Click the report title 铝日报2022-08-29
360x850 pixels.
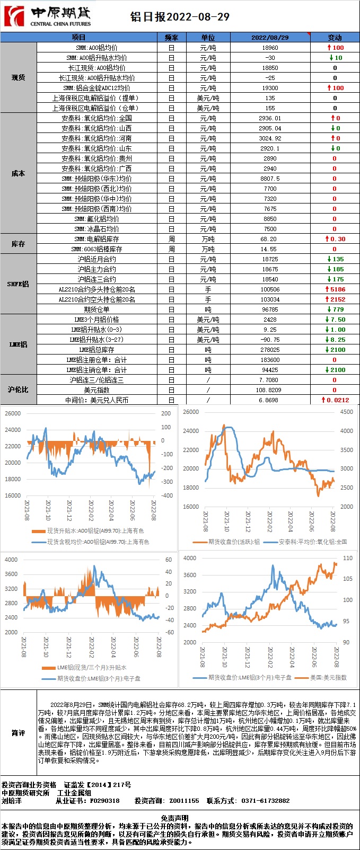pyautogui.click(x=180, y=17)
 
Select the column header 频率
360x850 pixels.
pyautogui.click(x=171, y=38)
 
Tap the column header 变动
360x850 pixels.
pyautogui.click(x=335, y=38)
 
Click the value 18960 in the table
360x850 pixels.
pyautogui.click(x=270, y=48)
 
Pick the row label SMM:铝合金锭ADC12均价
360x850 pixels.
pyautogui.click(x=96, y=88)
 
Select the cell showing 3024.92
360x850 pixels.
pyautogui.click(x=270, y=138)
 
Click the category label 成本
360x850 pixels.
pyautogui.click(x=19, y=173)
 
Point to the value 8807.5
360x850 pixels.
pyautogui.click(x=270, y=179)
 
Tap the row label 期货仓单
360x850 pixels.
pyautogui.click(x=96, y=309)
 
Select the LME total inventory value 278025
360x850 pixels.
pyautogui.click(x=270, y=350)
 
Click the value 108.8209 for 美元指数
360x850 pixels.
pyautogui.click(x=270, y=390)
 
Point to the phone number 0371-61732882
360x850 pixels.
pyautogui.click(x=265, y=801)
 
